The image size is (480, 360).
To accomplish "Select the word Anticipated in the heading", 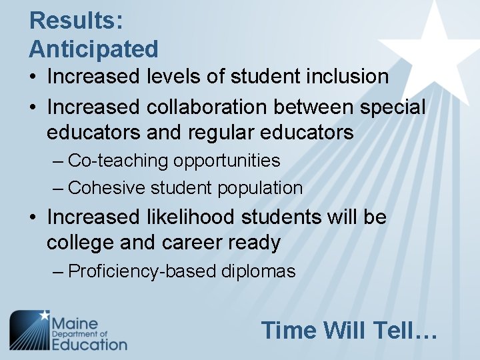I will [x=93, y=49].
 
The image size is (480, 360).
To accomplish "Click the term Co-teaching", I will [x=118, y=161].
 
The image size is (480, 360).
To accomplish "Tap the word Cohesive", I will [x=107, y=189].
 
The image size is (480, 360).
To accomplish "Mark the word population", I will [x=261, y=189].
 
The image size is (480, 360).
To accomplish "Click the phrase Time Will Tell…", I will [x=349, y=330].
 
